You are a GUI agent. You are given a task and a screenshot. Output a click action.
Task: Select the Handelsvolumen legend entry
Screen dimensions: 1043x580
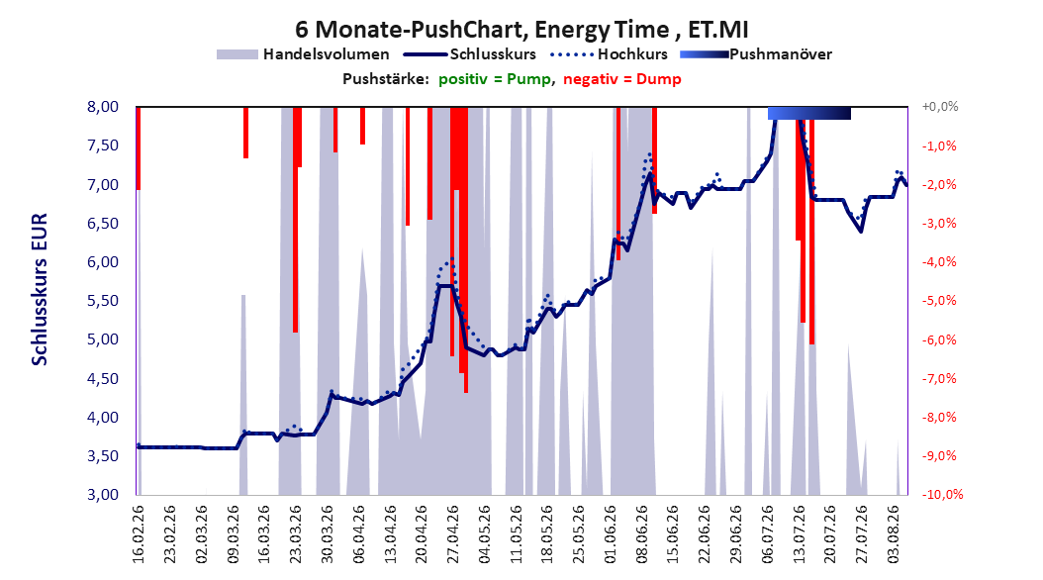303,54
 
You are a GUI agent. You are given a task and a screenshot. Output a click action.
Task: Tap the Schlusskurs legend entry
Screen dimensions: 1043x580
470,54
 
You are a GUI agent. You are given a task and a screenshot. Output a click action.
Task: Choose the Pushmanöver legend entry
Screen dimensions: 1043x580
756,54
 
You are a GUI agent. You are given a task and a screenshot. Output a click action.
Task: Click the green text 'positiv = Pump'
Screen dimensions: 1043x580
494,79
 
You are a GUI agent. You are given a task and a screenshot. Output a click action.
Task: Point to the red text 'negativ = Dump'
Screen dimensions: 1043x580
622,79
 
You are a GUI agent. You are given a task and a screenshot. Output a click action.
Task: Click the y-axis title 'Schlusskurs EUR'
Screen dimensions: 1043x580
40,289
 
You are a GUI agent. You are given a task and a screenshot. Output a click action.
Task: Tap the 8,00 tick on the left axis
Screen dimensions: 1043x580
103,107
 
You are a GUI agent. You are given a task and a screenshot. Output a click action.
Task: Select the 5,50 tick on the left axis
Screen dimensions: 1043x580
103,301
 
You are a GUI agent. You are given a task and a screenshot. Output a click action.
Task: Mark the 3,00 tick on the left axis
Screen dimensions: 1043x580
103,494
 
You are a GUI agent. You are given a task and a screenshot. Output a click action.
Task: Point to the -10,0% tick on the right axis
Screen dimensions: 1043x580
942,494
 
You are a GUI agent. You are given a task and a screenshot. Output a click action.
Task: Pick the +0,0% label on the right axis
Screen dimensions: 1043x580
940,107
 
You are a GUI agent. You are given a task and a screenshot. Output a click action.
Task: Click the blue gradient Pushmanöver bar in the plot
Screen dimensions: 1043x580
808,113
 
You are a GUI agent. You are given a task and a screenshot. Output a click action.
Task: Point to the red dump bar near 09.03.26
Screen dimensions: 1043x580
245,133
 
